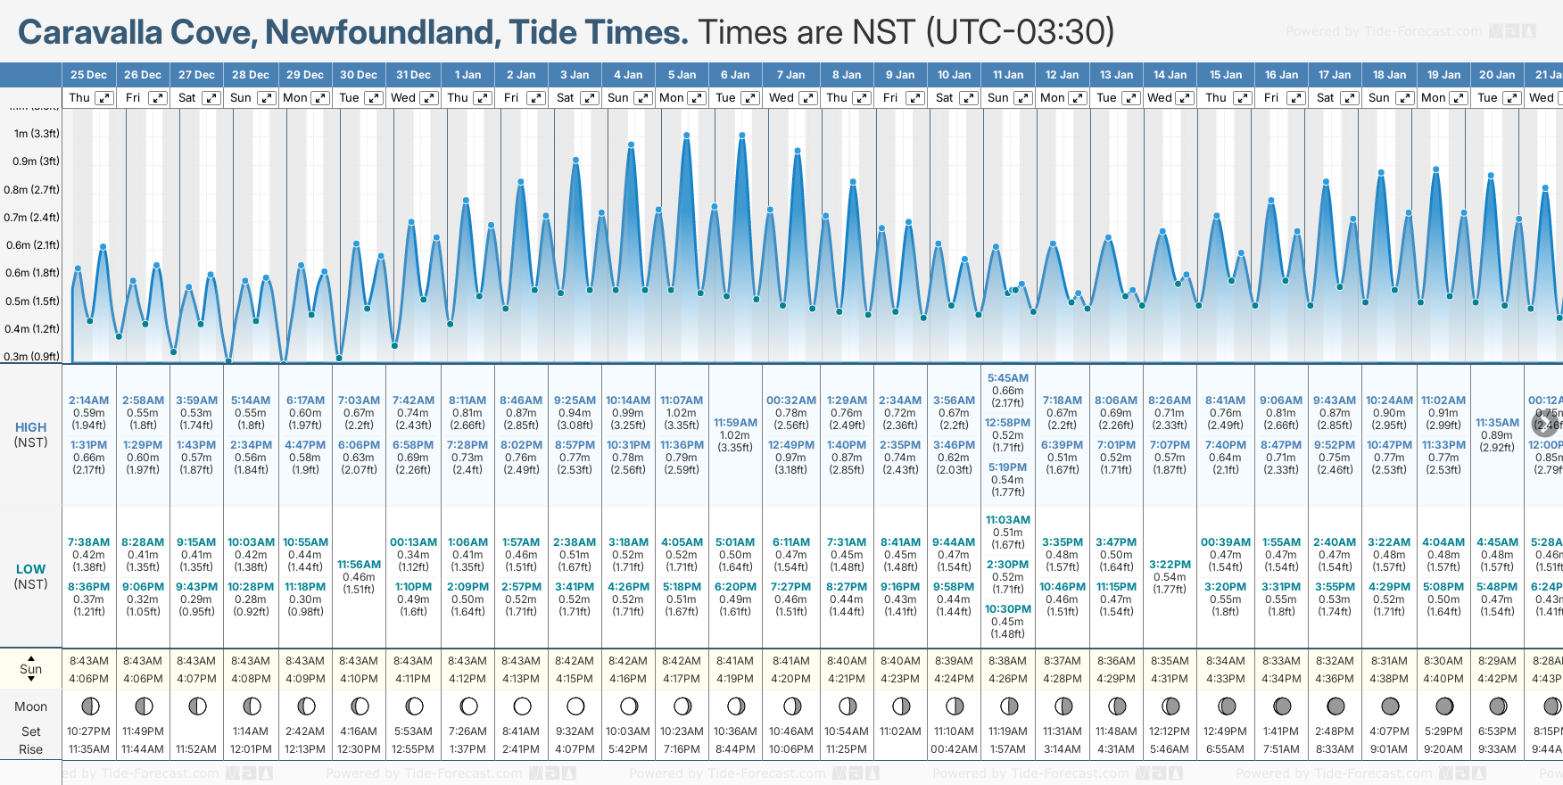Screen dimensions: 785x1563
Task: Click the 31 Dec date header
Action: point(413,75)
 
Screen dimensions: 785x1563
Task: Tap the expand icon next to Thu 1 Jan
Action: point(483,98)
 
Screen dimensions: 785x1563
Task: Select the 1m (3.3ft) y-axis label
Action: point(37,134)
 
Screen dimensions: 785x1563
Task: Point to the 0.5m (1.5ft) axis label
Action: point(32,301)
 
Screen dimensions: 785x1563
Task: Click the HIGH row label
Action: point(30,427)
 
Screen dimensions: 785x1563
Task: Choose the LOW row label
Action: point(30,569)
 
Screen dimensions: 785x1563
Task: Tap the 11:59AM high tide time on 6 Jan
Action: point(735,423)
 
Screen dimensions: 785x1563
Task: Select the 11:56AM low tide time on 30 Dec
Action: point(359,565)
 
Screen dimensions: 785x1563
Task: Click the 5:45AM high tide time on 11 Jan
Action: point(1007,378)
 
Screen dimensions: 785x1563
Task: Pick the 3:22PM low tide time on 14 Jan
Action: point(1170,565)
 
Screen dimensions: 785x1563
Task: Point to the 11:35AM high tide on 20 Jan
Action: point(1497,423)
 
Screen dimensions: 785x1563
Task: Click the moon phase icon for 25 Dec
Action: point(90,706)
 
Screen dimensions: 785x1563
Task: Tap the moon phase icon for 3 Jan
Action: point(575,706)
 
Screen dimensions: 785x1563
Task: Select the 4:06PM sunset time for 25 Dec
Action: point(89,679)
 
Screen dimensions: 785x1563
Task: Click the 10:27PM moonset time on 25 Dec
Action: point(88,731)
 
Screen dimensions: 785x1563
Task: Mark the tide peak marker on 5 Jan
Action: point(687,136)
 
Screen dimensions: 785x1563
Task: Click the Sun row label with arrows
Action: point(30,669)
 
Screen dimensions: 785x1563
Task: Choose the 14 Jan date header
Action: point(1170,75)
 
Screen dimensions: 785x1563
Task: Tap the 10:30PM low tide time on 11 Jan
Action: point(1007,609)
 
